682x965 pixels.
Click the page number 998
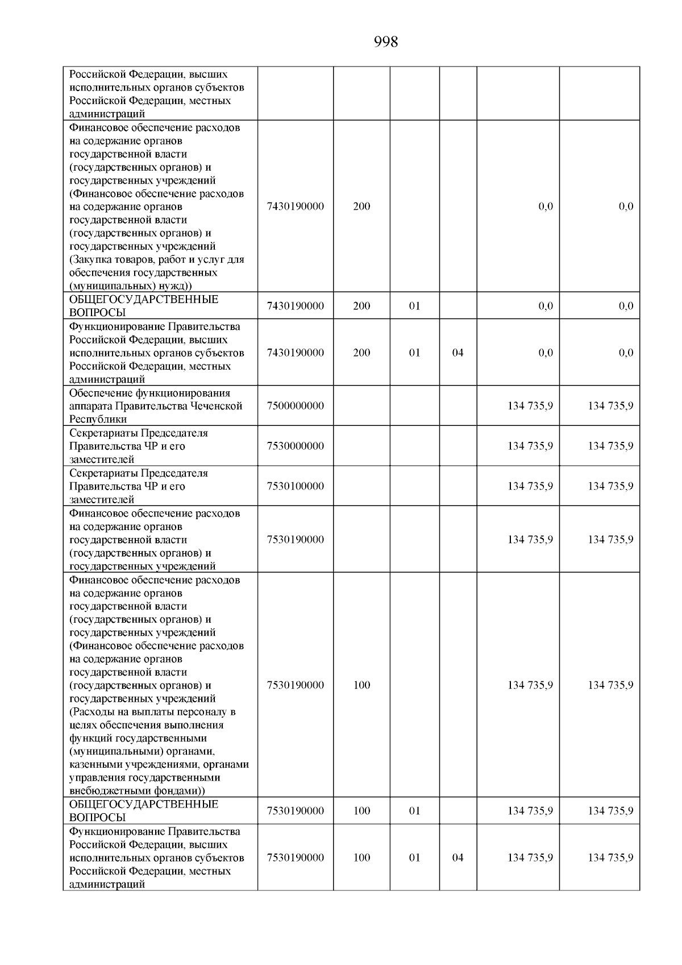[386, 42]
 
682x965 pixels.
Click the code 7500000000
[295, 406]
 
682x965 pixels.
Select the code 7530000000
[295, 446]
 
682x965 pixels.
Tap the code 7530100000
[295, 486]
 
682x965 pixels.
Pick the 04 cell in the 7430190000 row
[458, 353]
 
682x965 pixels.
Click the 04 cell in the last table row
[458, 858]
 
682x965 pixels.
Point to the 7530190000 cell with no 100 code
[295, 540]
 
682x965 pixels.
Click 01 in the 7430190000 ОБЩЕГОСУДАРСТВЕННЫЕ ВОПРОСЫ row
[414, 306]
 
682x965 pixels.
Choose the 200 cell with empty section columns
[361, 206]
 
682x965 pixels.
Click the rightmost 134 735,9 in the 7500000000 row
[610, 406]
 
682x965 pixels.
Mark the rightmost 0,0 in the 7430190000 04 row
[625, 353]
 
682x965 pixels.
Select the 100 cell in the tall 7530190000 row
[361, 685]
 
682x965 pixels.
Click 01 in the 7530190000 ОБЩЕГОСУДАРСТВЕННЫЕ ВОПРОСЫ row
[414, 811]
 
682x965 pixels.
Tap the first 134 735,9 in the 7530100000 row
[530, 486]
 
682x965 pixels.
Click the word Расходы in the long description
[92, 712]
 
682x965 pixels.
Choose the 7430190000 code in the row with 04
[295, 353]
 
